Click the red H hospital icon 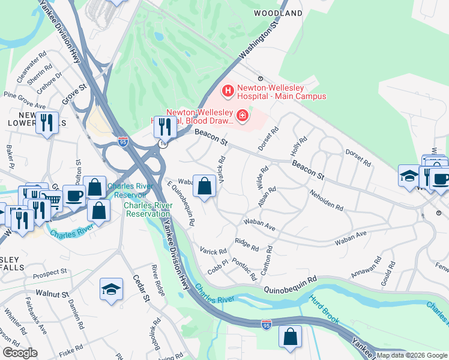(x=228, y=91)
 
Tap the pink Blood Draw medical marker (x=243, y=115)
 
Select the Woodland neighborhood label (x=277, y=13)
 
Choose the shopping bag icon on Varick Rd (x=205, y=187)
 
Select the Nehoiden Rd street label (x=327, y=200)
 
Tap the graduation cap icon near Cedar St (x=112, y=290)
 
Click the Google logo (x=19, y=353)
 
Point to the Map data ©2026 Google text (x=412, y=355)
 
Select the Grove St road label (x=74, y=96)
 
